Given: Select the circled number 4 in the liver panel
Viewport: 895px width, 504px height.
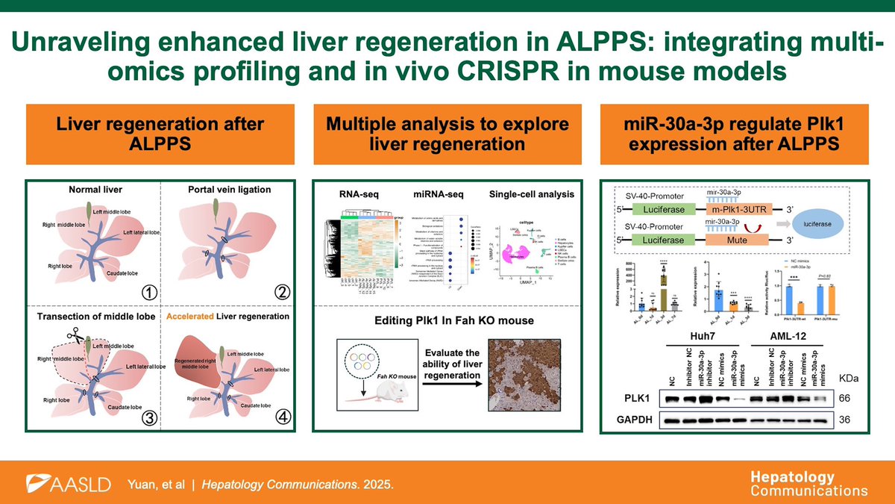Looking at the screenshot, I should click(283, 417).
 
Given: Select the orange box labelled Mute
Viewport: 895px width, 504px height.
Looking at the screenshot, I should click(731, 241).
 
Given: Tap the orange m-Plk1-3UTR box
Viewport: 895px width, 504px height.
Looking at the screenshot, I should click(731, 211).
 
